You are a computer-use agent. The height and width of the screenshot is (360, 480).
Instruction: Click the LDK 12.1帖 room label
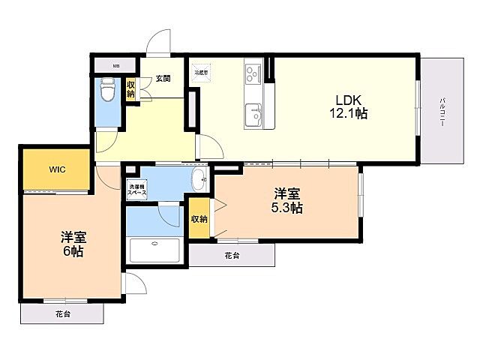tap(350, 106)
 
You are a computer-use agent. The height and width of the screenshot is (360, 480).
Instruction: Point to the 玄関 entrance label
tap(163, 77)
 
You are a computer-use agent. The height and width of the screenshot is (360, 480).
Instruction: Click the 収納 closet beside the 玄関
tap(130, 88)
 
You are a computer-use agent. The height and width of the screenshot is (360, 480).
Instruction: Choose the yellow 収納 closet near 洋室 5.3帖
tap(199, 218)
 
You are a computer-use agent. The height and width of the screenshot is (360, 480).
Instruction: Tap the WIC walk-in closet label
tap(58, 169)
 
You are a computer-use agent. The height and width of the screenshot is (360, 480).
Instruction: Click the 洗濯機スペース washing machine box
tap(136, 190)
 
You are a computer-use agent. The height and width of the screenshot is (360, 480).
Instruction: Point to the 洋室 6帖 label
tap(73, 244)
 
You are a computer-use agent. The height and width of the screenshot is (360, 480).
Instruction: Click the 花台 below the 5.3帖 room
tap(232, 255)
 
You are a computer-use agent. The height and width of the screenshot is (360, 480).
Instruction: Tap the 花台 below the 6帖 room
tap(61, 313)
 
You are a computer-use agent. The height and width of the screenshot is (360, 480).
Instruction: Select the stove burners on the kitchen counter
tap(252, 73)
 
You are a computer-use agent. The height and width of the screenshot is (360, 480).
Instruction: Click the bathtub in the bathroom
tap(155, 249)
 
